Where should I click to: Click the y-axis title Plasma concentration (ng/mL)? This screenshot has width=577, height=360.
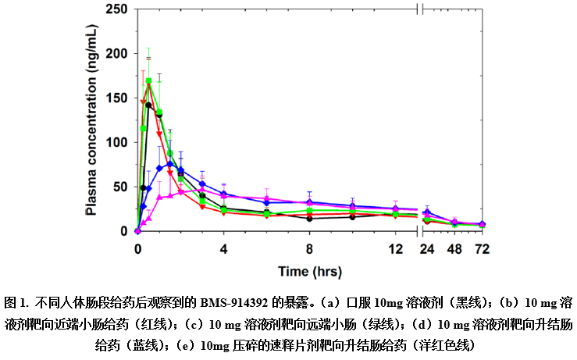92,118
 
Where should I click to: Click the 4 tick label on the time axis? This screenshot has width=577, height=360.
224,250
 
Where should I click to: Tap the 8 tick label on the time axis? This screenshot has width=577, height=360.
310,250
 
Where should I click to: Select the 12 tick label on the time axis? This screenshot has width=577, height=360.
396,250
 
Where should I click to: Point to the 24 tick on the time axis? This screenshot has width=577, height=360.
426,250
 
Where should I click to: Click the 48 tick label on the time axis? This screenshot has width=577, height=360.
454,250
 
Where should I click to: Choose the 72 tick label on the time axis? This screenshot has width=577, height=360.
483,250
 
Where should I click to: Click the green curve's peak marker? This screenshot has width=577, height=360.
149,80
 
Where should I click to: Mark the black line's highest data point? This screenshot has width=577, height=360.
148,105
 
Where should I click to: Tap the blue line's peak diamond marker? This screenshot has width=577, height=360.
170,164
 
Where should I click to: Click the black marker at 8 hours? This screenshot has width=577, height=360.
310,219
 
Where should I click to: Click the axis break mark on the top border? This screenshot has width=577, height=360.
421,9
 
